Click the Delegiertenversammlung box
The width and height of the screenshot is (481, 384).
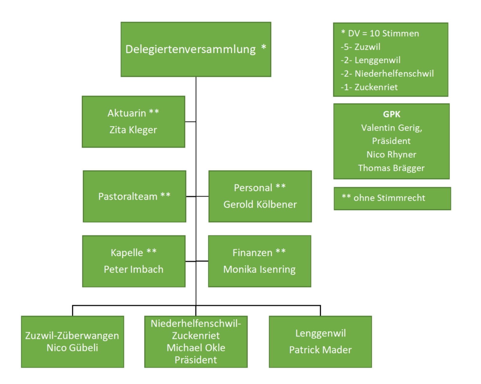point(196,49)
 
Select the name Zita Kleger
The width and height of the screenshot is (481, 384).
point(133,130)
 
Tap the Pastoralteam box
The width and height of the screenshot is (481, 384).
point(134,196)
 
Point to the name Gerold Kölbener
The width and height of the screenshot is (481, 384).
point(260,204)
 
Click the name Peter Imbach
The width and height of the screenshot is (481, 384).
point(133,269)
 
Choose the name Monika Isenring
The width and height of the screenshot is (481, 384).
point(259,269)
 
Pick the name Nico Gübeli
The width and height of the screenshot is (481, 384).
point(72,348)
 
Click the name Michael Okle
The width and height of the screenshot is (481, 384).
point(196,348)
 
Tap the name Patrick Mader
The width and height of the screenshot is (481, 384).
point(320,350)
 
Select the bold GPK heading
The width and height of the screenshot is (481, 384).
point(391,114)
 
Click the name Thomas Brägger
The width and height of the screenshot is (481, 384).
point(391,168)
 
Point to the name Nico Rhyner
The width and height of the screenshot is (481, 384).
point(391,154)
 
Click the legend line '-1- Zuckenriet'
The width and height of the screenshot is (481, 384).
point(369,87)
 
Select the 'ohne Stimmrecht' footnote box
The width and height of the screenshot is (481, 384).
point(392,198)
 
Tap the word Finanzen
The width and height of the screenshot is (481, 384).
point(252,253)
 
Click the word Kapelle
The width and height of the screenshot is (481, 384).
point(127,253)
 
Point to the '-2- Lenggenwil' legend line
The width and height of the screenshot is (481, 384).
point(371,60)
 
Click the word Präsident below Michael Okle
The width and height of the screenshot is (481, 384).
point(196,360)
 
